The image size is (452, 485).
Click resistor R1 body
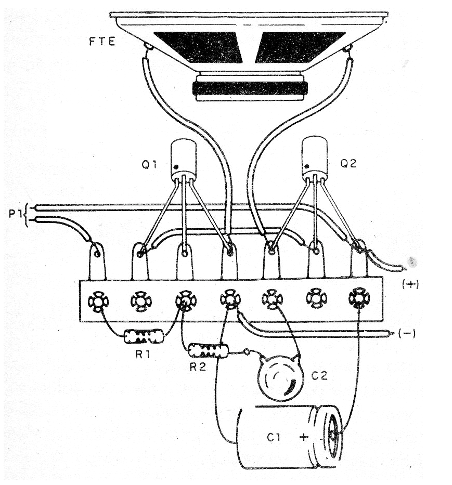[144, 338]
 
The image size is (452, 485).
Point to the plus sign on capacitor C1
[304, 437]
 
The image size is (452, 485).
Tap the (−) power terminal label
[406, 333]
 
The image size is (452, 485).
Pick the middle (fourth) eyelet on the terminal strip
[229, 299]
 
